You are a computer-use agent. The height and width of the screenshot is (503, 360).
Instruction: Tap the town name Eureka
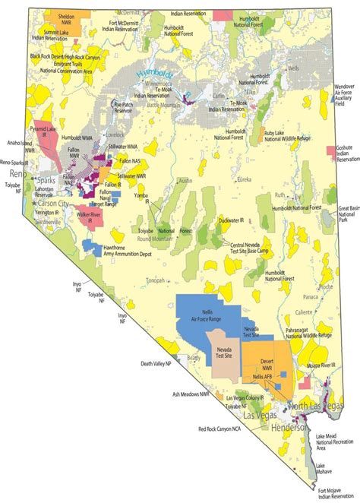click(x=244, y=179)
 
